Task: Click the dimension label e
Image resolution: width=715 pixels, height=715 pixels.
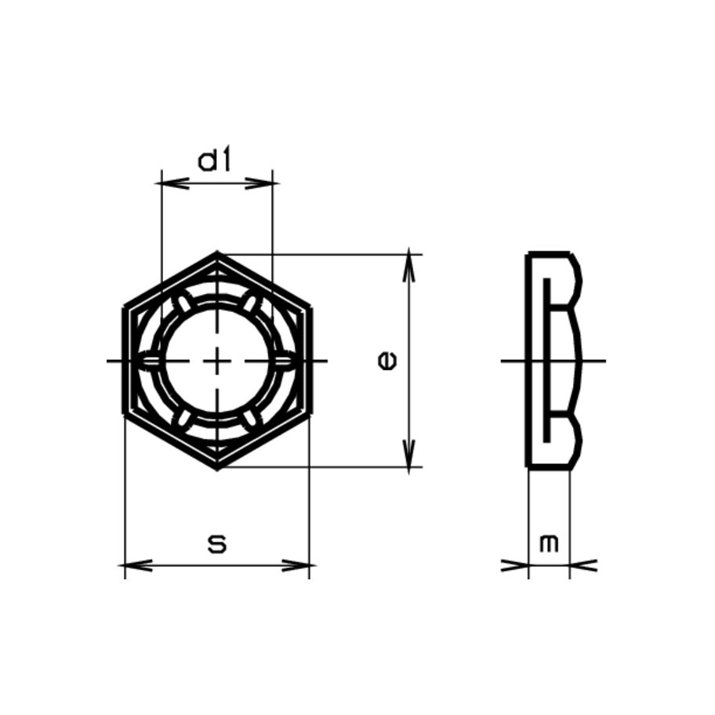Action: point(387,361)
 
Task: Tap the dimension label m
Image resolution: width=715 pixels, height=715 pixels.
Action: point(550,543)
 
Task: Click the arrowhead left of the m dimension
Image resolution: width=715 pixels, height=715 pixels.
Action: point(517,564)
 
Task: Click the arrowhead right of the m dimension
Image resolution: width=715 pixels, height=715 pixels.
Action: point(581,564)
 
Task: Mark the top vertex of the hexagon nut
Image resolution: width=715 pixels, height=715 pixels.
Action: point(217,254)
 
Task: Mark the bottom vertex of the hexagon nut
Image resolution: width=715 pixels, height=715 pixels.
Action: point(217,467)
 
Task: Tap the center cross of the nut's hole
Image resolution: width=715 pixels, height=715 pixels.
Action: point(217,361)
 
